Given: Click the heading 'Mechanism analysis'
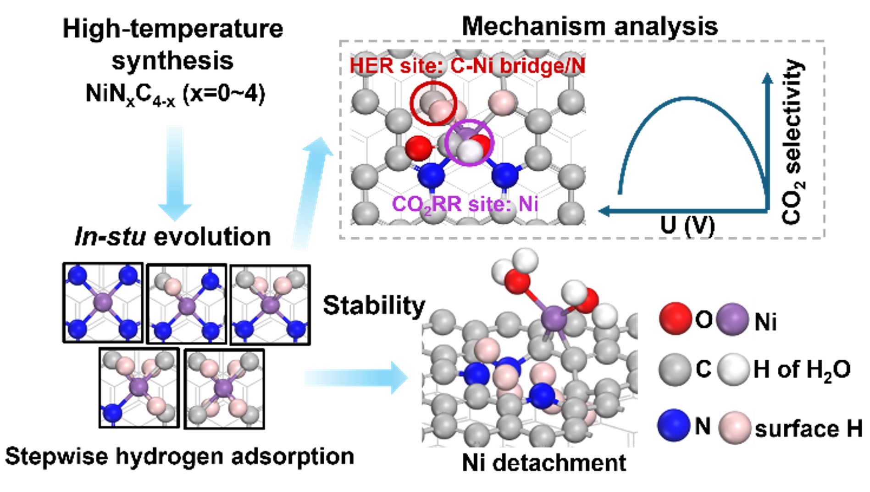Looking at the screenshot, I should point(589,26).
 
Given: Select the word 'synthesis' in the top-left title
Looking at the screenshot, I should point(172,61).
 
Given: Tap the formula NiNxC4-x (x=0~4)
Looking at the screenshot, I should point(175,95).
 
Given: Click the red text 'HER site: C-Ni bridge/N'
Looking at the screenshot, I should point(467,66).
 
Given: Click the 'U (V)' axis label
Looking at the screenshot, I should point(687,225).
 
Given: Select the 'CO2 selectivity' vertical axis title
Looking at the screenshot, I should point(793,142).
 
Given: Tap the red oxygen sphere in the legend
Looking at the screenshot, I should point(675,318).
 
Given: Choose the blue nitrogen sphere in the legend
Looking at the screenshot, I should point(674,425).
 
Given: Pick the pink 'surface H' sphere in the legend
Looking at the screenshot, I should point(734,427).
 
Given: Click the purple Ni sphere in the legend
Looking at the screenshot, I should point(732,319).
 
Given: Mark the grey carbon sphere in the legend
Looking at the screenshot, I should point(675,369).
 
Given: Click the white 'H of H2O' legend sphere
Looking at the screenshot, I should point(733,369).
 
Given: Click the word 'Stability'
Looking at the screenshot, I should point(374,306).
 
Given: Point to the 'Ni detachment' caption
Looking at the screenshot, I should point(543,463).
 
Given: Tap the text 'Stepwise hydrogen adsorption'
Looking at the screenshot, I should point(180,457).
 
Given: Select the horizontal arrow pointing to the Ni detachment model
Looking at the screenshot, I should point(355,377).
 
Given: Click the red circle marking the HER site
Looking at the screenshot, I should point(433,103).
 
